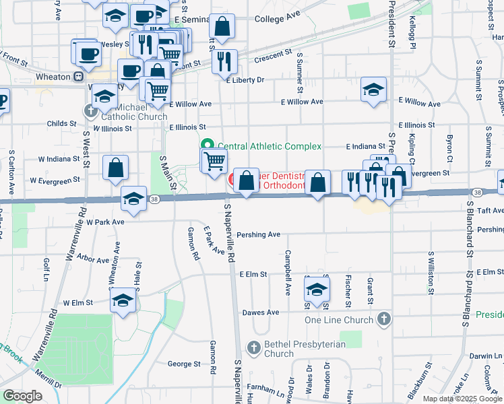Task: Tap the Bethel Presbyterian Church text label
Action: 297,349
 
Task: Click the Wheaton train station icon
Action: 79,77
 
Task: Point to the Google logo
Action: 22,396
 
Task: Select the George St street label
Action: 184,364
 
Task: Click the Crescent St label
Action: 272,58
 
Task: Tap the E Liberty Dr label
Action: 246,80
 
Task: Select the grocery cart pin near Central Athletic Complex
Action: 214,160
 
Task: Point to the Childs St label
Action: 61,124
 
